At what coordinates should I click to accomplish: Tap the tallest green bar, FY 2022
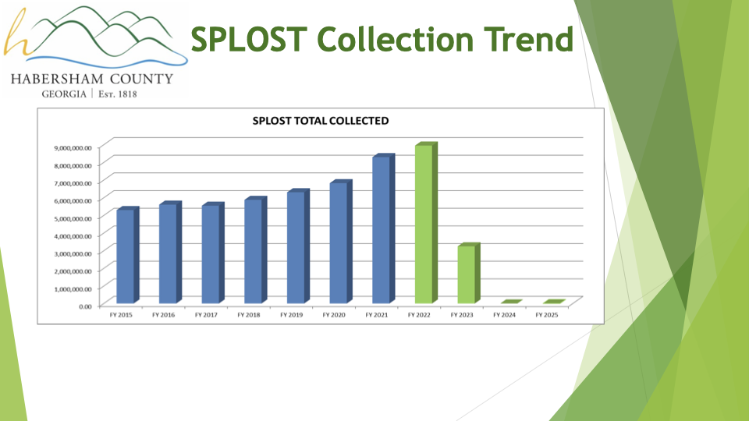pyautogui.click(x=426, y=222)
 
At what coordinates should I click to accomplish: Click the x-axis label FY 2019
pyautogui.click(x=291, y=315)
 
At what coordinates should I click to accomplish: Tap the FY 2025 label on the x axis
pyautogui.click(x=546, y=315)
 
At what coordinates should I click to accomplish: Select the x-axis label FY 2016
pyautogui.click(x=163, y=315)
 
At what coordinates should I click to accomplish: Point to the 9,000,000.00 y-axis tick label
pyautogui.click(x=73, y=148)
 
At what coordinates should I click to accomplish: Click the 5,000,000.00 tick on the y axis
pyautogui.click(x=73, y=218)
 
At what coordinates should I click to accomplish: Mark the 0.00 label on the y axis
pyautogui.click(x=86, y=306)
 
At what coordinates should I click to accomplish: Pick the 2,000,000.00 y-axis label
pyautogui.click(x=73, y=271)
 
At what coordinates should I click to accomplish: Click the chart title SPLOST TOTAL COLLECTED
pyautogui.click(x=321, y=121)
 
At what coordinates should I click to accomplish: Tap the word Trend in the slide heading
pyautogui.click(x=528, y=39)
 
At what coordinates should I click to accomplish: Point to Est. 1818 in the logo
pyautogui.click(x=118, y=94)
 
